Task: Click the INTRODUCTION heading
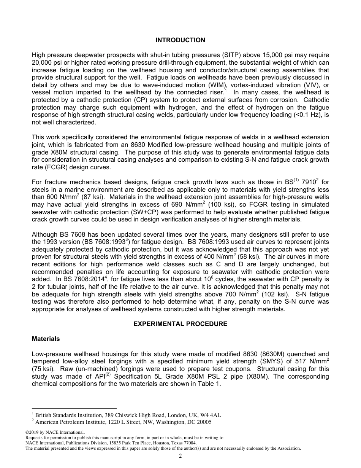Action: [x=180, y=40]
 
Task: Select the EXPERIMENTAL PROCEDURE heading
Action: [x=180, y=324]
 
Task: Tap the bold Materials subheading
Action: [x=46, y=339]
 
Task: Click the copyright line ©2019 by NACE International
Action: [x=55, y=432]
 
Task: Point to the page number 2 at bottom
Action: [x=180, y=456]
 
